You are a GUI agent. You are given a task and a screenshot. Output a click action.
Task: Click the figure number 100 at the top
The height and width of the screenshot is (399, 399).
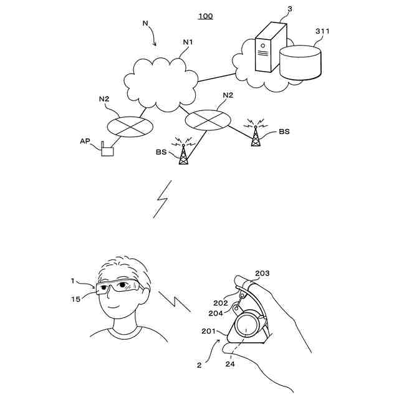tap(205, 16)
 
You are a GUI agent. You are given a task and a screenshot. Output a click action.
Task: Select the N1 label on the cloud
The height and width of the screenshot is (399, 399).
tap(188, 42)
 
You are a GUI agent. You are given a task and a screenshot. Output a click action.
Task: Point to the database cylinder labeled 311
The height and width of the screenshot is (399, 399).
tap(301, 61)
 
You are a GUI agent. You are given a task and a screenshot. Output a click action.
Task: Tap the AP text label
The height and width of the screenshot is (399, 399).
tap(85, 141)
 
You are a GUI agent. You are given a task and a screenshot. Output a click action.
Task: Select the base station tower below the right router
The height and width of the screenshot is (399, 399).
tap(183, 153)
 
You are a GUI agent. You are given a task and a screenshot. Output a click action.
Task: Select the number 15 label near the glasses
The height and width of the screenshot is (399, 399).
tap(75, 300)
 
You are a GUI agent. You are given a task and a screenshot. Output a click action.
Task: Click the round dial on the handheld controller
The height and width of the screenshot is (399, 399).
tap(247, 324)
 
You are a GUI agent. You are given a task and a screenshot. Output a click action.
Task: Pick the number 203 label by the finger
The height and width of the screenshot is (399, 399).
tap(262, 273)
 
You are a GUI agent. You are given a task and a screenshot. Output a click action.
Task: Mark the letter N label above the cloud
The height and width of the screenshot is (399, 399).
tap(145, 24)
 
